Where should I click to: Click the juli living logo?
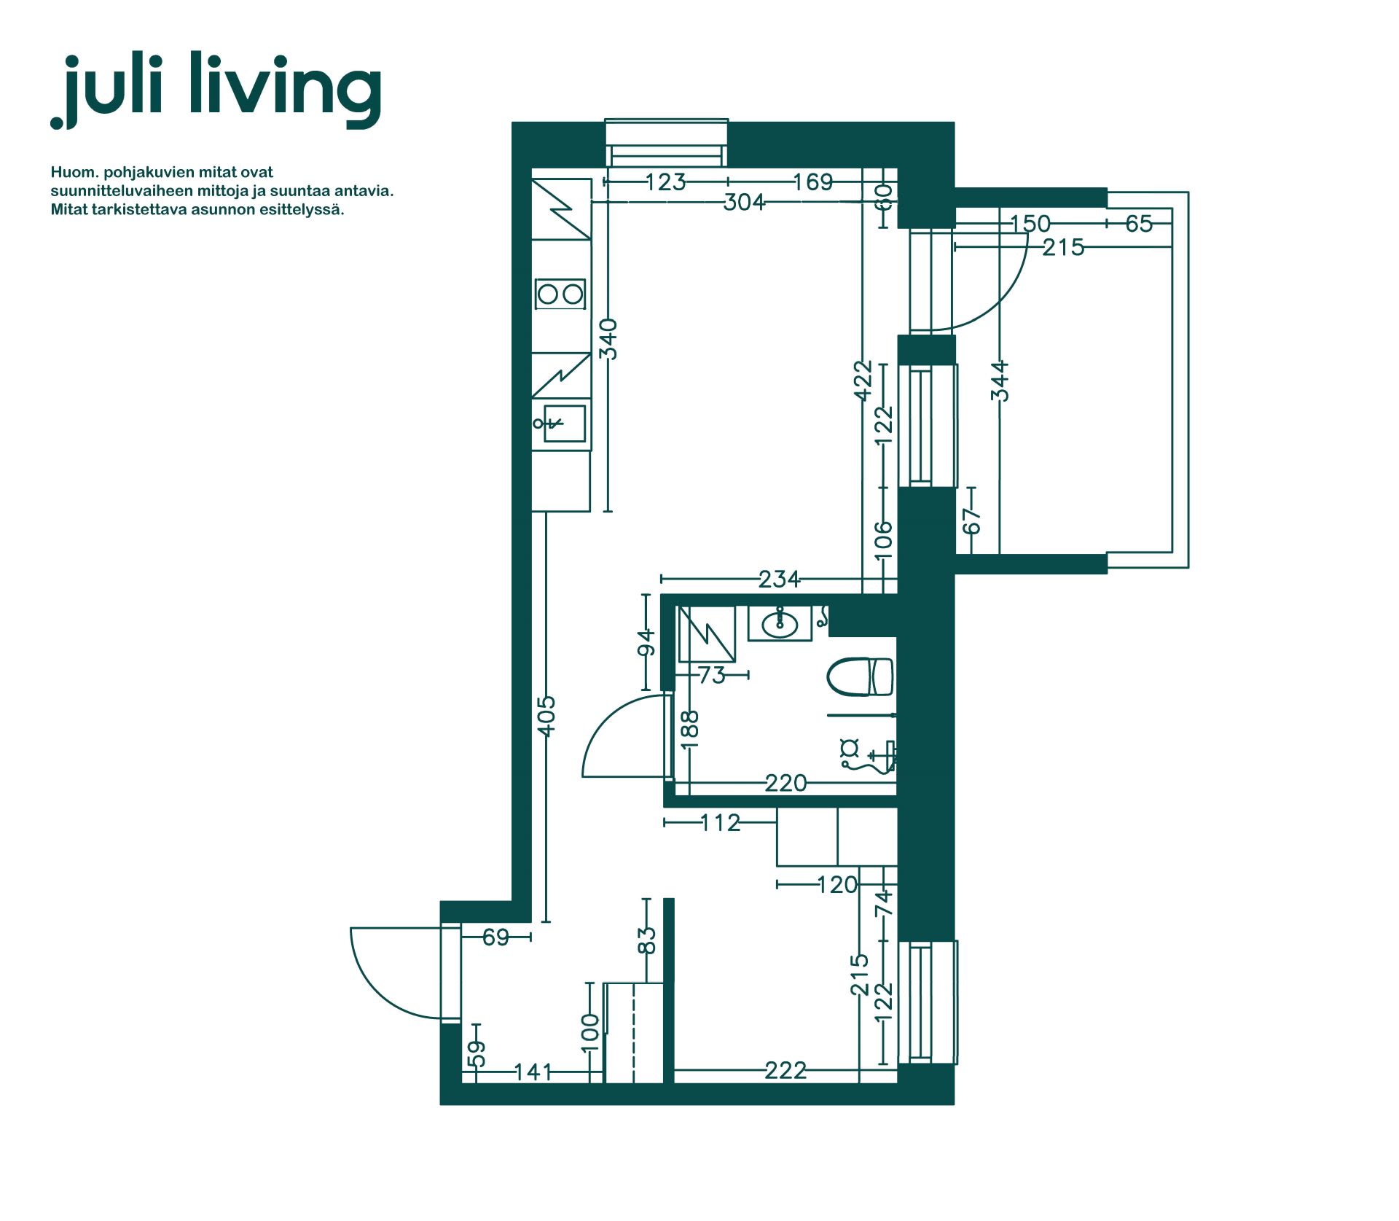pyautogui.click(x=216, y=90)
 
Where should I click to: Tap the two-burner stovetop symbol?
pyautogui.click(x=560, y=294)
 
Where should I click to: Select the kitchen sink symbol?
pyautogui.click(x=560, y=424)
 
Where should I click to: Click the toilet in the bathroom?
pyautogui.click(x=860, y=676)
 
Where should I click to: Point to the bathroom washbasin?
pyautogui.click(x=780, y=624)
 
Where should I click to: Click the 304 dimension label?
pyautogui.click(x=744, y=202)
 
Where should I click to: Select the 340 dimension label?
pyautogui.click(x=608, y=339)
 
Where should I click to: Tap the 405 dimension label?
pyautogui.click(x=546, y=716)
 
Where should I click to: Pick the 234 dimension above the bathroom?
pyautogui.click(x=779, y=580)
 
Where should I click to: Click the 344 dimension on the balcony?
pyautogui.click(x=1000, y=381)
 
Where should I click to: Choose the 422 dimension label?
pyautogui.click(x=863, y=381)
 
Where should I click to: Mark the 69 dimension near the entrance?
pyautogui.click(x=496, y=937)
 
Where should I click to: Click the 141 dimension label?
pyautogui.click(x=533, y=1072)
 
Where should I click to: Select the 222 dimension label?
pyautogui.click(x=785, y=1070)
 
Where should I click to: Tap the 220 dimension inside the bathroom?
pyautogui.click(x=785, y=783)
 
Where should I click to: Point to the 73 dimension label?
pyautogui.click(x=712, y=676)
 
